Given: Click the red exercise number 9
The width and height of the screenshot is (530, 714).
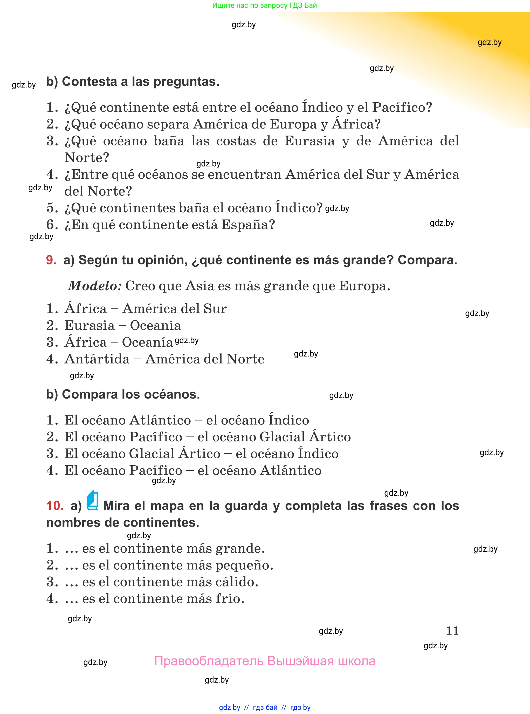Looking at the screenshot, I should click(51, 260).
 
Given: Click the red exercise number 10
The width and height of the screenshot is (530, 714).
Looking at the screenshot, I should click(55, 506).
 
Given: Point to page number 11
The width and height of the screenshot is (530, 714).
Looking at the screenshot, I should click(452, 631).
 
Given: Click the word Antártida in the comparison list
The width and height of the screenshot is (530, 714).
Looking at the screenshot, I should click(97, 359).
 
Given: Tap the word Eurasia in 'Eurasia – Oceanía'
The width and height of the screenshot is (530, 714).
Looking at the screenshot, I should click(90, 326).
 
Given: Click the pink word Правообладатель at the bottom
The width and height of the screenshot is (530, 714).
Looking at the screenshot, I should click(209, 661).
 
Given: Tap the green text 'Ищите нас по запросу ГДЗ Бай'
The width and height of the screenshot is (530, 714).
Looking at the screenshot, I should click(264, 5).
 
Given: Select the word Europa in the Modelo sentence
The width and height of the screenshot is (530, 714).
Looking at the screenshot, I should click(364, 286).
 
